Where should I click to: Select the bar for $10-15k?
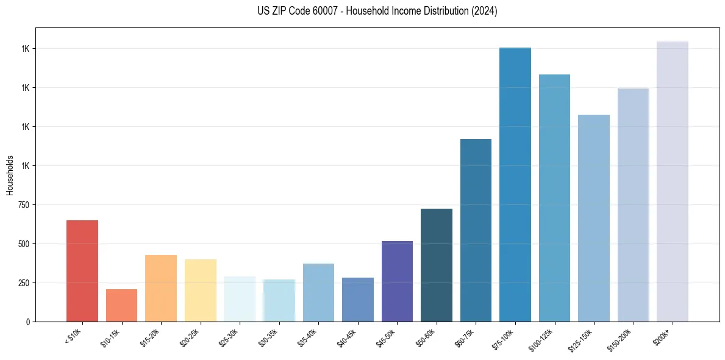coord(121,305)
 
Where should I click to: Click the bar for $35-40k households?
coord(318,292)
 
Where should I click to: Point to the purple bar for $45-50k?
coord(397,281)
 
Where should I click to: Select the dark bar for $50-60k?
coord(437,265)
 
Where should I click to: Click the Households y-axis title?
coord(10,175)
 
